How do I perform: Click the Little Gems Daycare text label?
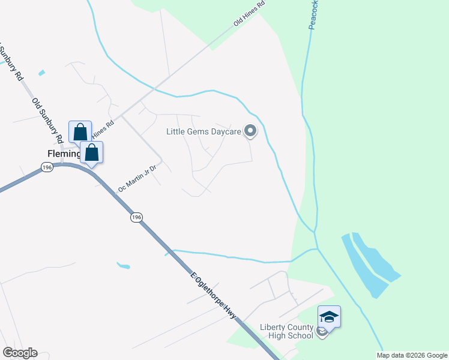pos(203,131)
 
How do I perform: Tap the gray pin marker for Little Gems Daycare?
pos(250,131)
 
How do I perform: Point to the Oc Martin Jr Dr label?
pos(137,178)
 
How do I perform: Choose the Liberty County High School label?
pos(286,331)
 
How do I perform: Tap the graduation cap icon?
pos(329,316)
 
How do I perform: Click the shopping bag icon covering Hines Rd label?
pos(80,131)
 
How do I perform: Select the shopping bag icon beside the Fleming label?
pos(91,152)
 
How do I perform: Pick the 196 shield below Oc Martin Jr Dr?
pos(137,217)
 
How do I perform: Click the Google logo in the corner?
pos(20,353)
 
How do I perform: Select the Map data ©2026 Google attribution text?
pos(412,355)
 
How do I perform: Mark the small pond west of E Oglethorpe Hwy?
pos(123,265)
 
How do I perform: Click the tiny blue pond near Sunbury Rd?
pos(41,73)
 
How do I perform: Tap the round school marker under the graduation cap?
pos(322,331)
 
